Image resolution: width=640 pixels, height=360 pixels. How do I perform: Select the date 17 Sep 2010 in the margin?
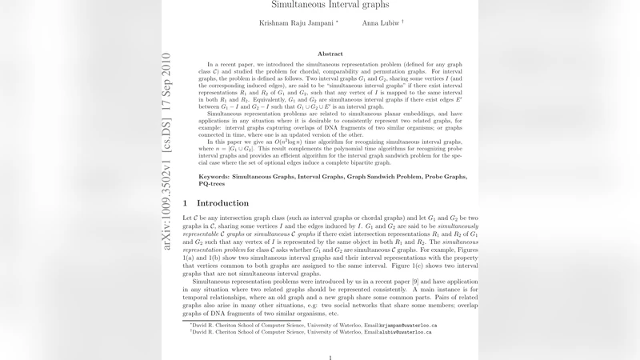166,84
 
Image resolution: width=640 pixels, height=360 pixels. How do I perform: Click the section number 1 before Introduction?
186,203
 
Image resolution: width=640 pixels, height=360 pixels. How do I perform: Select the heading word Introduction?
223,203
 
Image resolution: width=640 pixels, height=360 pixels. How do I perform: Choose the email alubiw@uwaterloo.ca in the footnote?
403,333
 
